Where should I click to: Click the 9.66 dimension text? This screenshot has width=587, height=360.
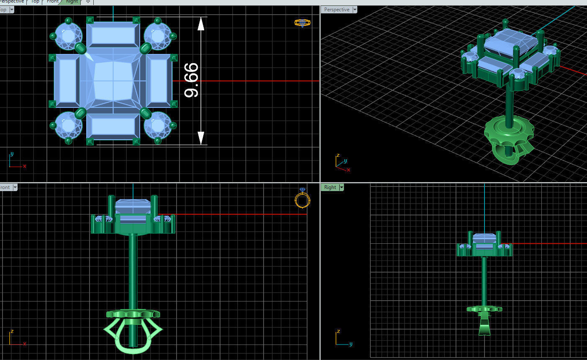coord(192,80)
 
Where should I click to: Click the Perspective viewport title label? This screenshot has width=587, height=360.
coord(336,10)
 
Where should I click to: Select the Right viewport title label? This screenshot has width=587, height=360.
coord(330,187)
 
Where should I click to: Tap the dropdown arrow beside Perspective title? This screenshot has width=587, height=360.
coord(355,10)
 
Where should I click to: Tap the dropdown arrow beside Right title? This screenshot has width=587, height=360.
coord(341,187)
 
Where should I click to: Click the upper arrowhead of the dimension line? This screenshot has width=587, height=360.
coord(201,24)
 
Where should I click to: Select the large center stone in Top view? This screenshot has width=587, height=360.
coord(113,81)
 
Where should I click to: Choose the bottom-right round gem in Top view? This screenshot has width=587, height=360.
coord(157,125)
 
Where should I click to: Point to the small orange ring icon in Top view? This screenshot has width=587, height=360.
coord(302,23)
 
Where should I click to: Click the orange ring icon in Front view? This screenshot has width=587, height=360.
coord(302,199)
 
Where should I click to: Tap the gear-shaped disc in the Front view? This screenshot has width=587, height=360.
coord(133,314)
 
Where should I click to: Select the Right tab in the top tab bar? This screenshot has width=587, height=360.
coord(72,2)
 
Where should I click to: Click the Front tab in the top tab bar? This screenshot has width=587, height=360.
coord(53,2)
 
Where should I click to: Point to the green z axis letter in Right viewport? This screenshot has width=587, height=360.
coord(338,332)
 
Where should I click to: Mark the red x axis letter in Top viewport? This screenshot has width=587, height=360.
coord(25,166)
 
